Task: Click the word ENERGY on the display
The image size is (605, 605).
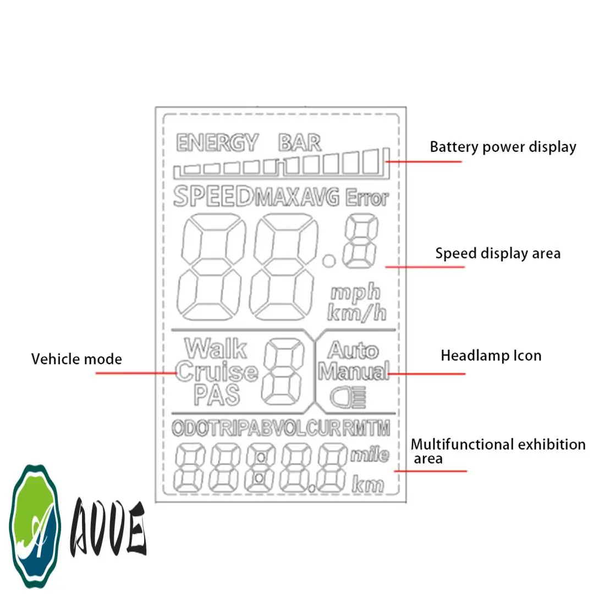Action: tap(217, 143)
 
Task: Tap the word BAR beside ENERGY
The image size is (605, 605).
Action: tap(300, 143)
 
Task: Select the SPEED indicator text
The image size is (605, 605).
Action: tap(213, 196)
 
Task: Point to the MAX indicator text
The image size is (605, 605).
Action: tap(278, 197)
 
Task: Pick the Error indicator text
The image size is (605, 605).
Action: tap(367, 197)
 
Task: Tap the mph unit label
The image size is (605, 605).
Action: tap(355, 292)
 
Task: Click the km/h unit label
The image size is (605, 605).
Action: tap(357, 313)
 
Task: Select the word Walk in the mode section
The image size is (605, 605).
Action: tap(216, 348)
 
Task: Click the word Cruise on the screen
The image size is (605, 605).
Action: tap(217, 372)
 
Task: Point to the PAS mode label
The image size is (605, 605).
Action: tap(217, 395)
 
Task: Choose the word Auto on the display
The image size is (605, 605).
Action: tap(353, 350)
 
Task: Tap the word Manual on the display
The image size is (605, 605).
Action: tap(354, 371)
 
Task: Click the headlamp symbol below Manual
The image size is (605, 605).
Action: tap(348, 397)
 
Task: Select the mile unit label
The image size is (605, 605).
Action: tap(370, 455)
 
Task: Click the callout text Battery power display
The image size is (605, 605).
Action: tap(503, 147)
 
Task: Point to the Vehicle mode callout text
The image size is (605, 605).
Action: tap(76, 360)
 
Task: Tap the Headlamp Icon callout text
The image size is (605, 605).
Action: tap(491, 356)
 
